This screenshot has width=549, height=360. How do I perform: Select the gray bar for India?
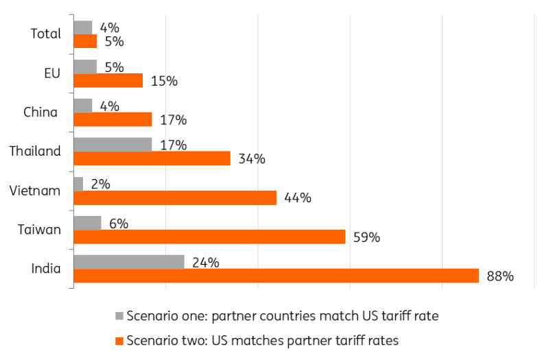(128, 262)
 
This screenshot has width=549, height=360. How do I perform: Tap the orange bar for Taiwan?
(209, 237)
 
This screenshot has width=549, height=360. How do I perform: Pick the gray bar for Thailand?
(112, 145)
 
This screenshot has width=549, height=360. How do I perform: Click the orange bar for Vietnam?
(174, 197)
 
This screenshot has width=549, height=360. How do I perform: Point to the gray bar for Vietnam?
(78, 184)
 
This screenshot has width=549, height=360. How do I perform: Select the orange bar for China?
(112, 119)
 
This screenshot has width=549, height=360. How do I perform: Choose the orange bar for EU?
(108, 80)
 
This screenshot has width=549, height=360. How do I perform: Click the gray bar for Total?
(82, 27)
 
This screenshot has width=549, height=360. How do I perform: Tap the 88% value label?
(500, 277)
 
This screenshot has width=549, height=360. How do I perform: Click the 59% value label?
(366, 238)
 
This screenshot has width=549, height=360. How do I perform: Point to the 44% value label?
(298, 198)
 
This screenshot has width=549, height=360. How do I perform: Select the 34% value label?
(252, 159)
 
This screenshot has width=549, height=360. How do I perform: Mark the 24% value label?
(205, 263)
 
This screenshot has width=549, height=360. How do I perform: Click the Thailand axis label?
(35, 152)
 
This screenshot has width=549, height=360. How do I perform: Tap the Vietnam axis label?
(36, 191)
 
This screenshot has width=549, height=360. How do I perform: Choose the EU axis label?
(52, 73)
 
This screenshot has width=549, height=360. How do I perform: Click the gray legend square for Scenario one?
(119, 316)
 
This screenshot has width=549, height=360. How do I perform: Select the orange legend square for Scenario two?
(119, 340)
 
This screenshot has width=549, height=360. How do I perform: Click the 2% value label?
(100, 184)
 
